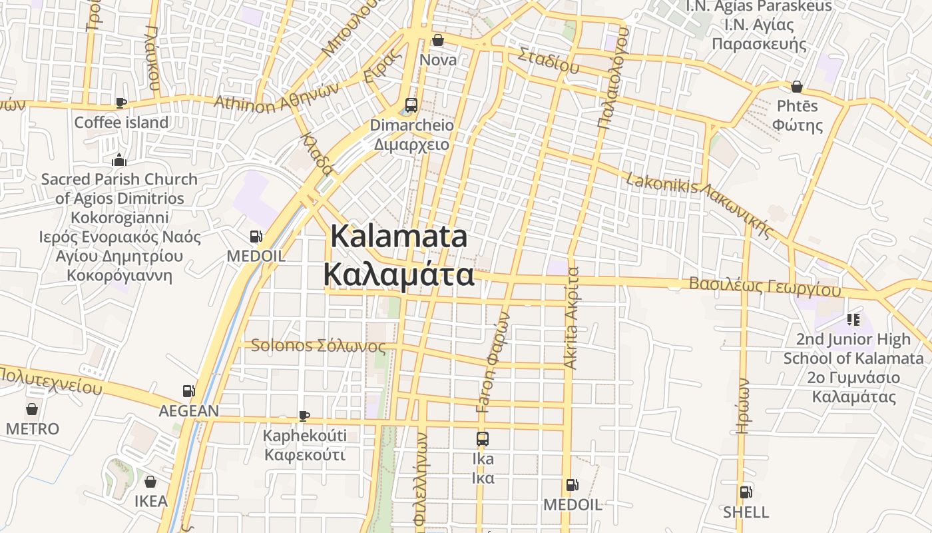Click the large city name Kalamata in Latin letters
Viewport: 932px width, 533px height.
pos(399,237)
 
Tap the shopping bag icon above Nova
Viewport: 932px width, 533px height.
pos(438,40)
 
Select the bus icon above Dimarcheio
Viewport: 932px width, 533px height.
pos(411,105)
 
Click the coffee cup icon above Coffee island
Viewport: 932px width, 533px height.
pos(120,102)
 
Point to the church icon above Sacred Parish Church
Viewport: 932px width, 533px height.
pos(119,159)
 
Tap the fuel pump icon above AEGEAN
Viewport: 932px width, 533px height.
pos(188,390)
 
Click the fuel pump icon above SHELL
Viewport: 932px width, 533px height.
pos(746,492)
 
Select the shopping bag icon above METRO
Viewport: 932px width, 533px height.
pos(32,408)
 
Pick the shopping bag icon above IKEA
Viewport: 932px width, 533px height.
pos(151,481)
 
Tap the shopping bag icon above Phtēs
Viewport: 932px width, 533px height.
pos(796,87)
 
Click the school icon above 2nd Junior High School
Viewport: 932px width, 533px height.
pos(853,320)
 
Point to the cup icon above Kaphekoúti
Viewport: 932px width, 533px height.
pos(304,416)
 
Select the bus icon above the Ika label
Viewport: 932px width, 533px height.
pos(483,439)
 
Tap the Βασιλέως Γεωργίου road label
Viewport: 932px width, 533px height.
pos(765,286)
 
